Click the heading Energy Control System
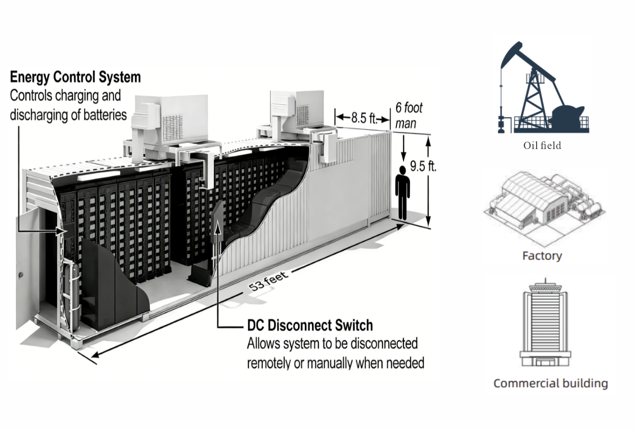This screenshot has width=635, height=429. [x=75, y=77]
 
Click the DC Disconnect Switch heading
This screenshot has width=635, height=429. [x=310, y=326]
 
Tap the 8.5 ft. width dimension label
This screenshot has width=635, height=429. [x=363, y=118]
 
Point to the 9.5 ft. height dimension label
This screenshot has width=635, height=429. [x=422, y=166]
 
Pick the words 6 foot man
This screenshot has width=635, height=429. [x=408, y=115]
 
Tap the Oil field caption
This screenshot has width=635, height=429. [x=542, y=146]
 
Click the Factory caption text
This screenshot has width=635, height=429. [x=542, y=256]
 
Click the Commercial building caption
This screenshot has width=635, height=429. [x=550, y=383]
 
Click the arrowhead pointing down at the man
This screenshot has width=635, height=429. [x=402, y=159]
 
